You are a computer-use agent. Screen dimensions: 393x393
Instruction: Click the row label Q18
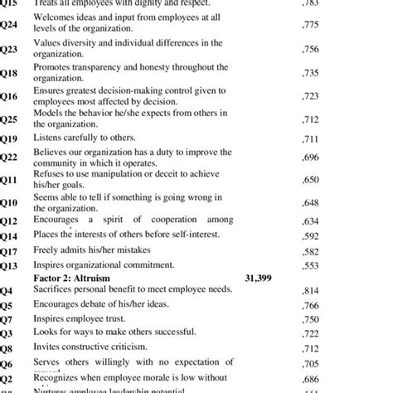8,73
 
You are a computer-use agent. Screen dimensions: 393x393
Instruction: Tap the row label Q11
8,179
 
